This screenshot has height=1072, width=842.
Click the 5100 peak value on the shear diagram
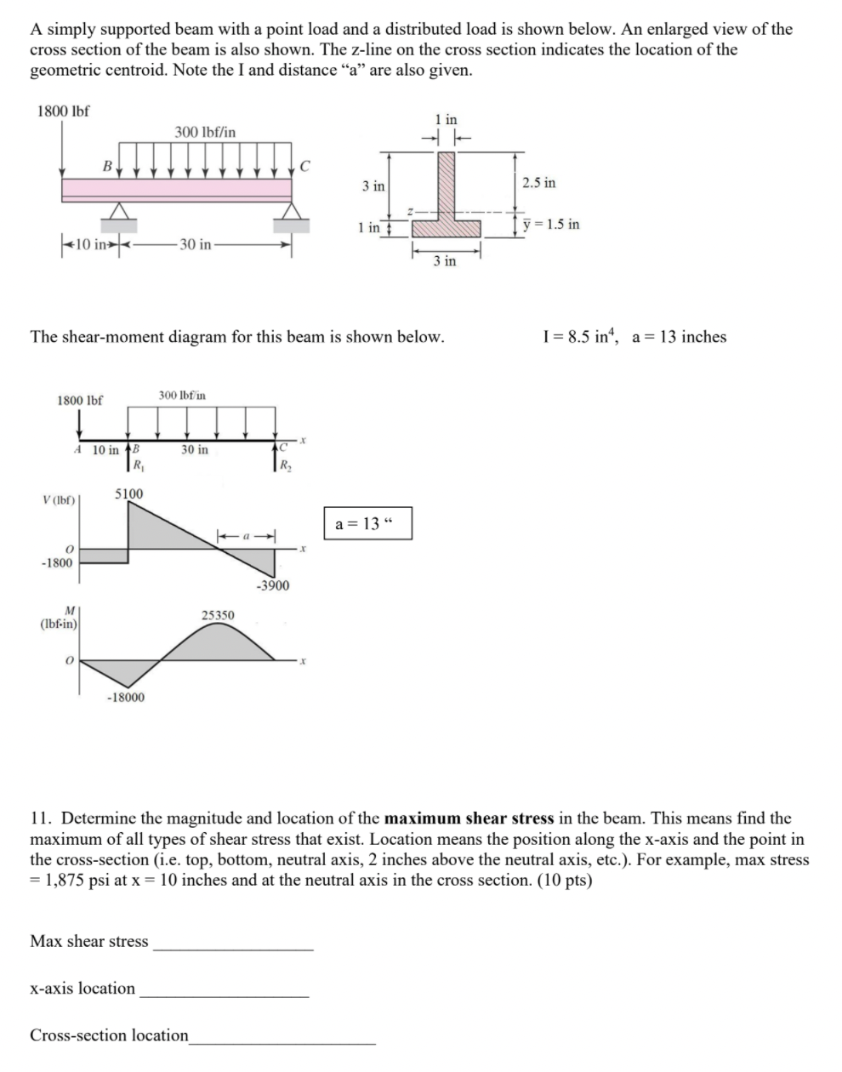(129, 493)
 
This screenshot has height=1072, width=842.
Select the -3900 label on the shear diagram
(272, 585)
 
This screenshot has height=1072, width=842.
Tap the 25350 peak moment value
(218, 614)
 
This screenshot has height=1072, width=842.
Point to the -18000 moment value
(125, 697)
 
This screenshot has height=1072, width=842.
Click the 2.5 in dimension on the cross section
(539, 183)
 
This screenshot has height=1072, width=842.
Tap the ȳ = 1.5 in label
(552, 225)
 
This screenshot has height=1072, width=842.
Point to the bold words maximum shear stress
(469, 818)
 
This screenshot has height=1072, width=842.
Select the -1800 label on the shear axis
(56, 562)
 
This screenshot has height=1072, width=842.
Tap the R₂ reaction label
(285, 465)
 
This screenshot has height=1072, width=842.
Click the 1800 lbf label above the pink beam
(64, 111)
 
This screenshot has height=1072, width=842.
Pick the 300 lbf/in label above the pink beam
(205, 132)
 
